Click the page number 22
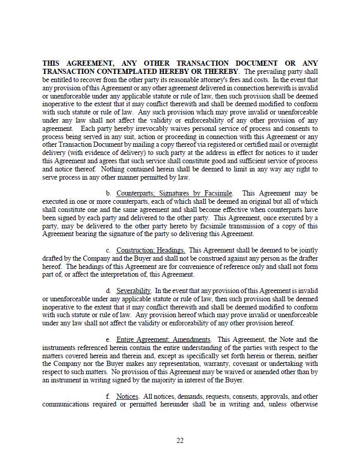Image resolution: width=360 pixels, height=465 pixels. pyautogui.click(x=180, y=440)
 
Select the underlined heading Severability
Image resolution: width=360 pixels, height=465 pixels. pyautogui.click(x=134, y=290)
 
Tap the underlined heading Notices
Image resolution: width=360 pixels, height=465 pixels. pyautogui.click(x=127, y=396)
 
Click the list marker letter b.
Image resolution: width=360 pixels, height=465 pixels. pyautogui.click(x=108, y=193)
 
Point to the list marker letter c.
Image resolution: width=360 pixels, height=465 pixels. pyautogui.click(x=108, y=250)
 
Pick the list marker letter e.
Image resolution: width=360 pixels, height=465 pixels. pyautogui.click(x=108, y=339)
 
